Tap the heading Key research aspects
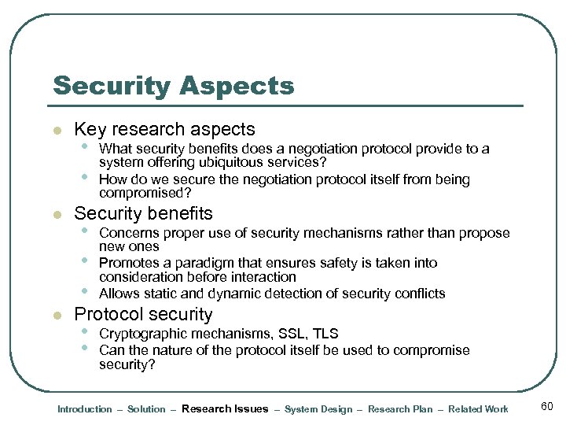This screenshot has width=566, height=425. pos(164,129)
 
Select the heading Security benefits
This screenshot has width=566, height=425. pos(143,213)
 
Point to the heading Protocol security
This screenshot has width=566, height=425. pos(143,314)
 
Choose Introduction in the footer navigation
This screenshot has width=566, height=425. pos(85,409)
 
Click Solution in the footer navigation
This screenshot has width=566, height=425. pos(146,409)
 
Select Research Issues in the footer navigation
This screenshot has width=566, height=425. pos(225,409)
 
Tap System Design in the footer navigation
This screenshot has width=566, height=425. pos(318,409)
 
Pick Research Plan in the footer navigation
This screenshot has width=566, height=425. pos(400,409)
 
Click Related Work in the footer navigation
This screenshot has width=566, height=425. pos(478,409)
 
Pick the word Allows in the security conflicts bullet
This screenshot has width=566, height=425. pos(119,294)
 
